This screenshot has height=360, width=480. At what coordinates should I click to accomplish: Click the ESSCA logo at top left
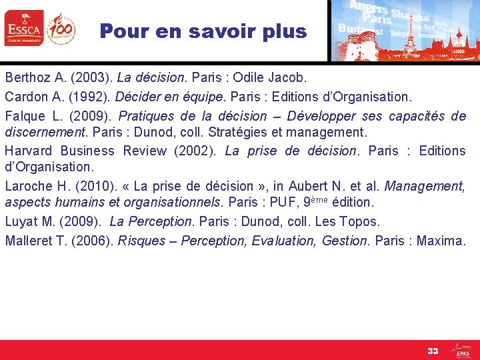pyautogui.click(x=23, y=28)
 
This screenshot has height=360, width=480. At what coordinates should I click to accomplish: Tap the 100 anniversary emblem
pyautogui.click(x=61, y=28)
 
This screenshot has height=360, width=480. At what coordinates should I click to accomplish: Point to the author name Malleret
pyautogui.click(x=27, y=240)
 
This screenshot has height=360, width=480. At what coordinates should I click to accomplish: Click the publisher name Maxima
pyautogui.click(x=440, y=240)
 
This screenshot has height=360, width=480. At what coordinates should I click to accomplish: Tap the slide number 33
pyautogui.click(x=433, y=351)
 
